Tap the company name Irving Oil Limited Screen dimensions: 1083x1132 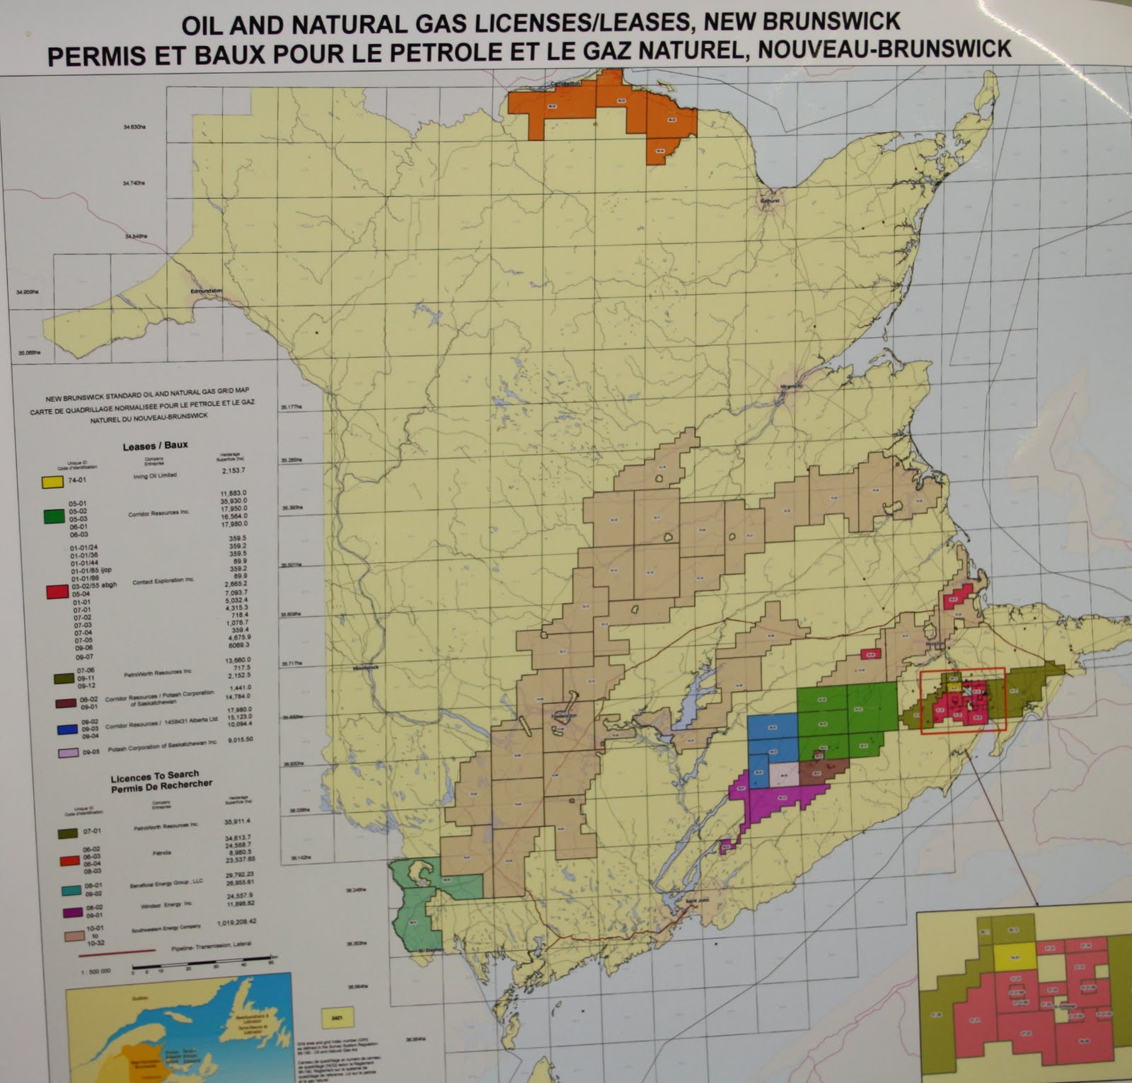pyautogui.click(x=154, y=475)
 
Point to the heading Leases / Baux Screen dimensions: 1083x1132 pyautogui.click(x=155, y=446)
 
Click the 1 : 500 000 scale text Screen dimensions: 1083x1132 pyautogui.click(x=96, y=971)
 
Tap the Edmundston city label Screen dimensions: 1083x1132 pyautogui.click(x=206, y=291)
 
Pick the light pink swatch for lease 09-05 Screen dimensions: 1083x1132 pyautogui.click(x=69, y=754)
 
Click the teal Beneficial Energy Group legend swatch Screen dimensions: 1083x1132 pyautogui.click(x=69, y=889)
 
